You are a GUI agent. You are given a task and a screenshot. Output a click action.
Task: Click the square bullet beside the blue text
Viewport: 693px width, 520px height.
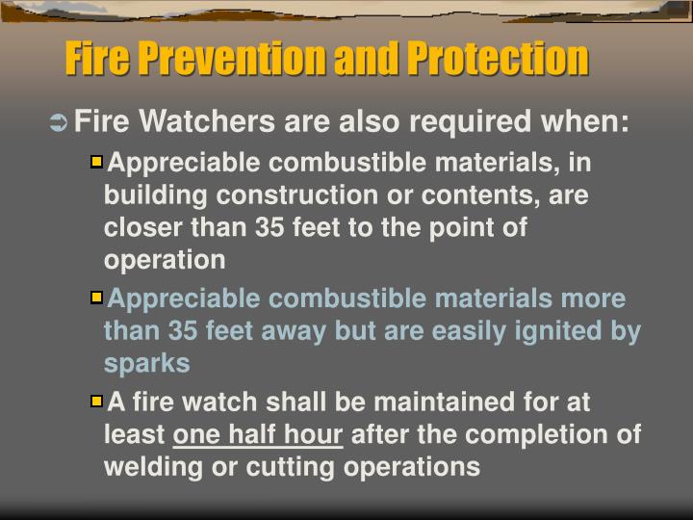click(95, 298)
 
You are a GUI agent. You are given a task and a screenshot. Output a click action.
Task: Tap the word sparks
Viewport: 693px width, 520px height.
click(146, 364)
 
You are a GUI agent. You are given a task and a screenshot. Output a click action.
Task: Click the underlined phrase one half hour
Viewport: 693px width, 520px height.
click(258, 434)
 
